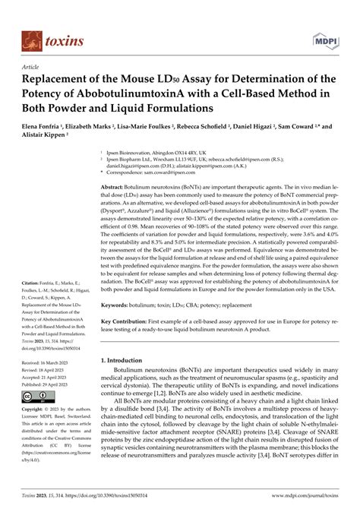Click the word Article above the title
point(33,67)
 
